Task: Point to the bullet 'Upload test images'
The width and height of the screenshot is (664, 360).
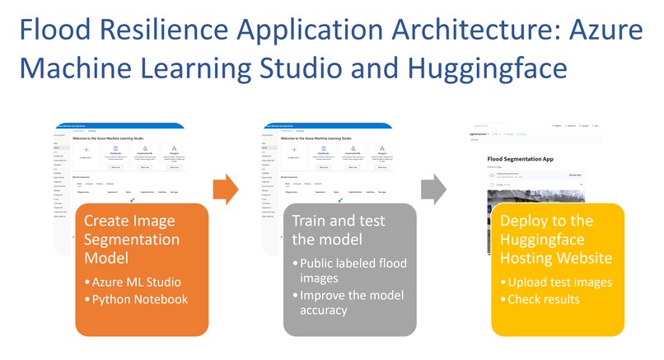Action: [x=560, y=283]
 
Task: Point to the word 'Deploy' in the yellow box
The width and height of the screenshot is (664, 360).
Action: [x=527, y=221]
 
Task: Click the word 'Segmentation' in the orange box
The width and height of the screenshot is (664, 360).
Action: [x=131, y=240]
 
